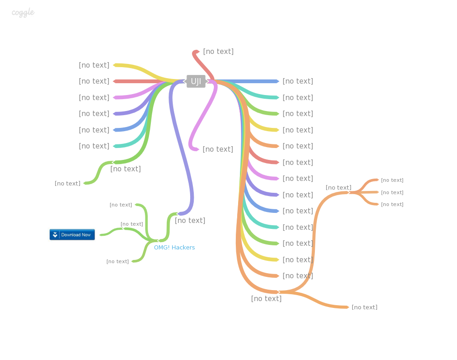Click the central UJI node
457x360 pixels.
(196, 81)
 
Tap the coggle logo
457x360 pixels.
(23, 13)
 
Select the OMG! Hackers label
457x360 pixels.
(174, 248)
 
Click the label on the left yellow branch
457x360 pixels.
(94, 65)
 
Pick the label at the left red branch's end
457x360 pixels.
(94, 81)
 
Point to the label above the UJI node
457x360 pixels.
(218, 52)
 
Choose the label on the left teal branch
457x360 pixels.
(94, 146)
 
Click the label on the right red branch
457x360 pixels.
(298, 163)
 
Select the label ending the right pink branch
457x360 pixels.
(298, 179)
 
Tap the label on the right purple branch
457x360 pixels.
(298, 195)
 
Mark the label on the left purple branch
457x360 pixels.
(94, 114)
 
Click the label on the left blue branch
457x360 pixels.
(94, 130)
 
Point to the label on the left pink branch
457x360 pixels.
(94, 98)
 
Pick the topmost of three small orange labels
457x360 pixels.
(392, 180)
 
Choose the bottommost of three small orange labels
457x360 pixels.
(392, 205)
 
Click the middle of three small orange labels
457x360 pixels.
(392, 193)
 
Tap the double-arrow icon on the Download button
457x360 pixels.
(55, 235)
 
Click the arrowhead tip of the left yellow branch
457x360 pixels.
(113, 65)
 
